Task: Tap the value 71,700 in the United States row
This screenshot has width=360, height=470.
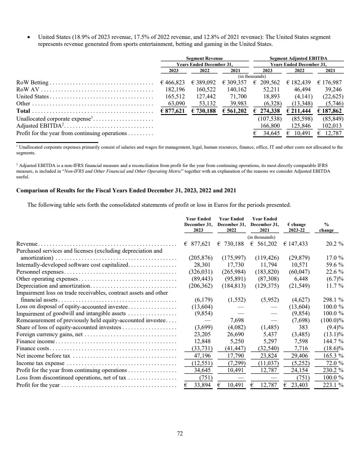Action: point(238,96)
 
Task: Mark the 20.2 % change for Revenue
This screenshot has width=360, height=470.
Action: point(334,244)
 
